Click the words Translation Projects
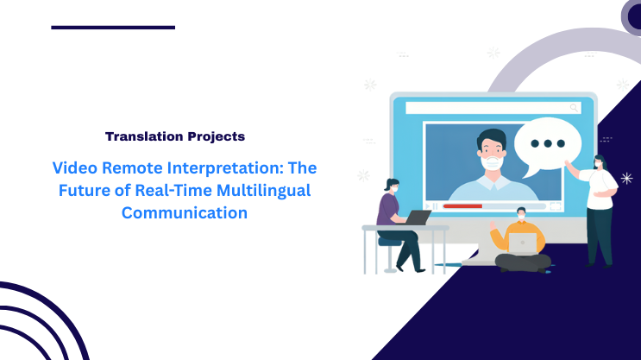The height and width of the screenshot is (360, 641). coord(174,136)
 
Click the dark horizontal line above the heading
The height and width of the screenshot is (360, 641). coord(113,28)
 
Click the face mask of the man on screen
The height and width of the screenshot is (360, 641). coord(491,161)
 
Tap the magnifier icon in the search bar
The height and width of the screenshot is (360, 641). coord(573,108)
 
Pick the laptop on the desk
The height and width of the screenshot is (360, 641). coord(418,218)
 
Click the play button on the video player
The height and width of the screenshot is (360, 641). coord(435,206)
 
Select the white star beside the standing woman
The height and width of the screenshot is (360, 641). coord(625,178)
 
